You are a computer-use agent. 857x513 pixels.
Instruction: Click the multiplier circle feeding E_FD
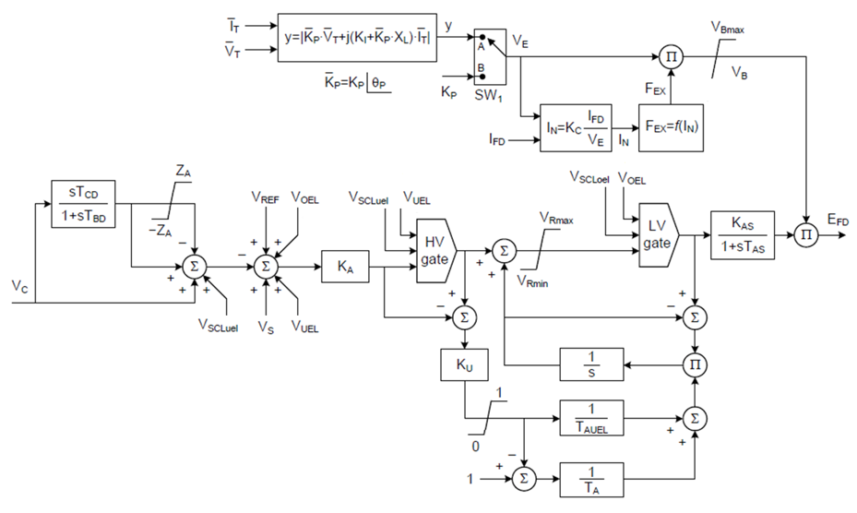coord(807,236)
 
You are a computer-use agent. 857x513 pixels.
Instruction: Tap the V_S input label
coord(267,326)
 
